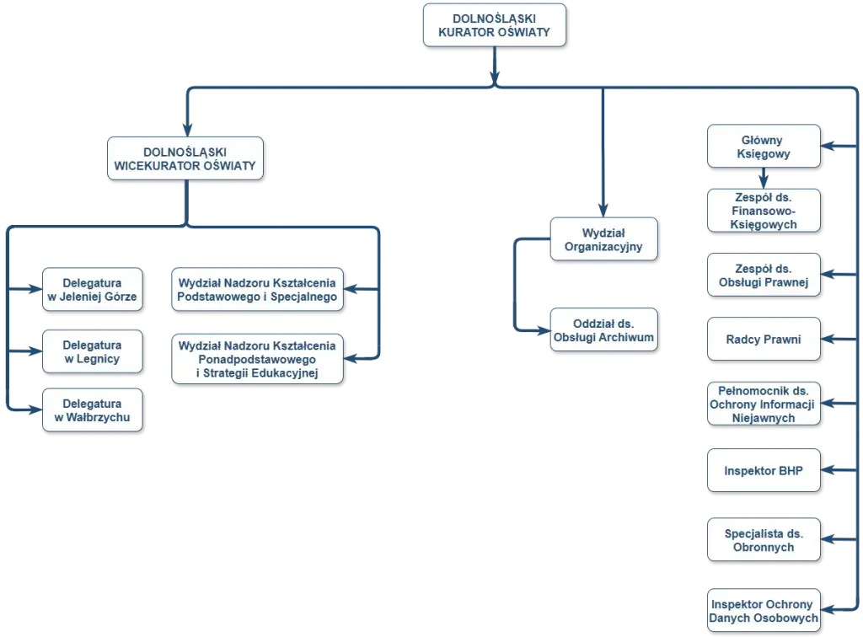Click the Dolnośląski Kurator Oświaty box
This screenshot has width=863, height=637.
(x=494, y=24)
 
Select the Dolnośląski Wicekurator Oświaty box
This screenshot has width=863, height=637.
(x=185, y=158)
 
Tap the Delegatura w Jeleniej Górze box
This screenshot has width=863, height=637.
(x=92, y=290)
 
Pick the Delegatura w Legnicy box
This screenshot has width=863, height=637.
(x=92, y=352)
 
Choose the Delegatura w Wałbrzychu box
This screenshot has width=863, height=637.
(x=92, y=410)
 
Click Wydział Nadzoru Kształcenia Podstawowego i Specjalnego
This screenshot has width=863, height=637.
(x=257, y=290)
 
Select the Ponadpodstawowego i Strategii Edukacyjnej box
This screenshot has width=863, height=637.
(x=257, y=360)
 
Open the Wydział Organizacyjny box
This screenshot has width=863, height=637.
(x=602, y=239)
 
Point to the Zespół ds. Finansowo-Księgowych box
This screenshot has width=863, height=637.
(x=763, y=210)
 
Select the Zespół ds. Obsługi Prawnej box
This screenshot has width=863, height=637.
(x=763, y=274)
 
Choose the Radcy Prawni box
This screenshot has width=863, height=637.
(x=763, y=340)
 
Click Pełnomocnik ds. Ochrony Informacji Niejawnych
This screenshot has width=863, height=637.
(x=763, y=404)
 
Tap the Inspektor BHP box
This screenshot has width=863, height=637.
(x=763, y=470)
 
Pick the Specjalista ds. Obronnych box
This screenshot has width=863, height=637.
(x=763, y=540)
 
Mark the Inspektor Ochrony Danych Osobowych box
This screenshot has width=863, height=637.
(x=763, y=611)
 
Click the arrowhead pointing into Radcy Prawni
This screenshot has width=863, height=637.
(x=830, y=340)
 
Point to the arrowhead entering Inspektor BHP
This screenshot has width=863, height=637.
(x=830, y=470)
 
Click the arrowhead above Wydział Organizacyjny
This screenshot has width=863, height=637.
(x=602, y=208)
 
